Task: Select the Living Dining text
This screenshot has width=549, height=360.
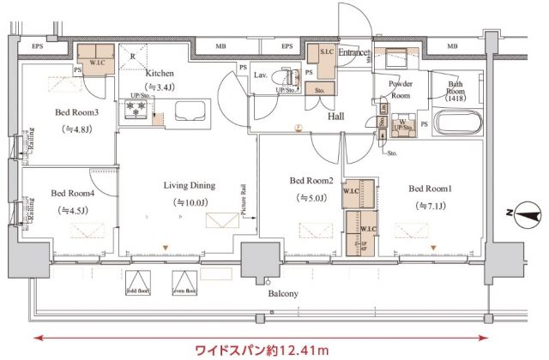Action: coord(190,185)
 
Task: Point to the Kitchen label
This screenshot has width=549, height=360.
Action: coord(160,74)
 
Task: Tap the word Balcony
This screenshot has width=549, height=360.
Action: coord(282,293)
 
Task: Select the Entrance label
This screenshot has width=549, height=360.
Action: coord(353,53)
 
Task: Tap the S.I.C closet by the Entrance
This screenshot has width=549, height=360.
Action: coord(327,53)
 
